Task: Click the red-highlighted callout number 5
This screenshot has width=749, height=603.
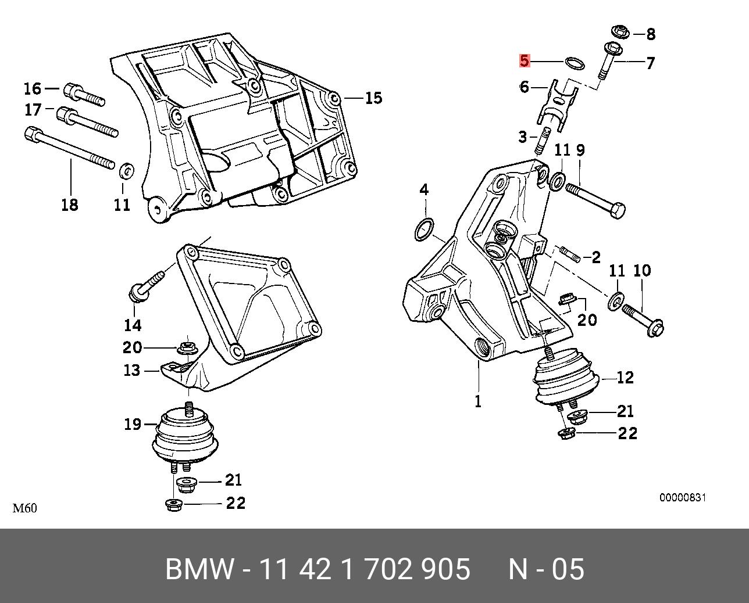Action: [x=525, y=60]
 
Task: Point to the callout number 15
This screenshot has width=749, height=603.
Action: [x=373, y=98]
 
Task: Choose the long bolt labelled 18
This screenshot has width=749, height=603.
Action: [x=70, y=149]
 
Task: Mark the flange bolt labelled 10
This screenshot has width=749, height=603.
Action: [x=643, y=320]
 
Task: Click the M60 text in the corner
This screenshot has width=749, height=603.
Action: [x=25, y=508]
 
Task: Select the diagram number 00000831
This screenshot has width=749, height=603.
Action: [x=682, y=498]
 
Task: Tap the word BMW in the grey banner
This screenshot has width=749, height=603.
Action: [x=199, y=569]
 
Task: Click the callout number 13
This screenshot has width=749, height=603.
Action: [x=132, y=369]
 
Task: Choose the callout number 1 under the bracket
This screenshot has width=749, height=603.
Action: [x=478, y=401]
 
